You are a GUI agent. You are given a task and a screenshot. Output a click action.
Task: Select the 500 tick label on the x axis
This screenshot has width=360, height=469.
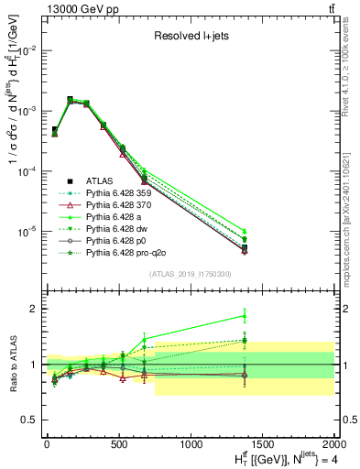(118, 444)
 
